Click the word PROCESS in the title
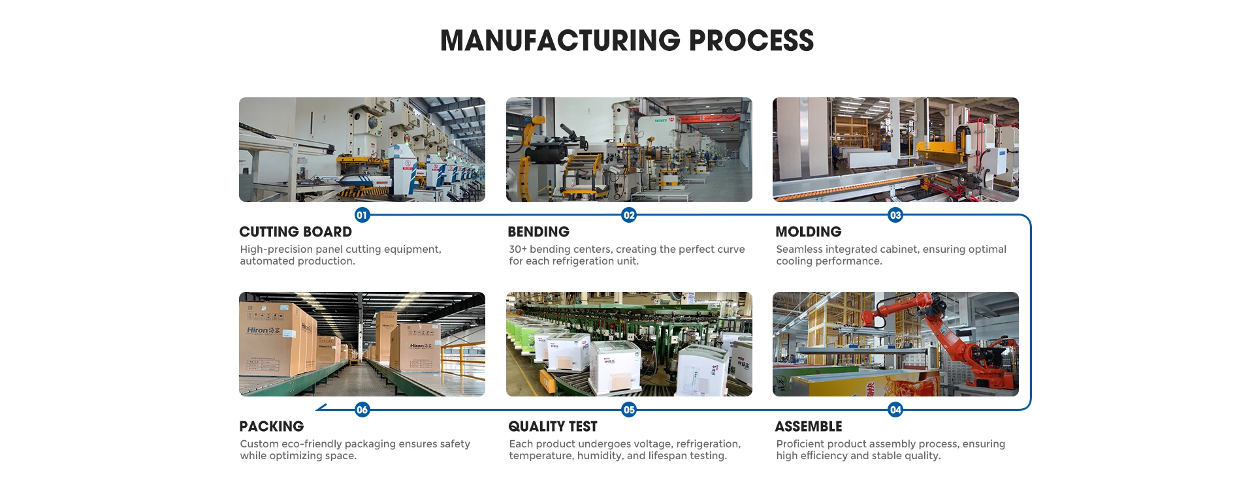click(751, 40)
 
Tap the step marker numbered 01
click(362, 215)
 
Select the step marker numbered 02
click(629, 215)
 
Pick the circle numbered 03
click(895, 215)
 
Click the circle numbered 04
click(895, 410)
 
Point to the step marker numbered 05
click(629, 410)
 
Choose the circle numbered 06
click(362, 410)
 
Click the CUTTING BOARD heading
click(295, 232)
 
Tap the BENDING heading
click(538, 232)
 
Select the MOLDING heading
click(808, 232)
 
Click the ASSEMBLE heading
click(808, 427)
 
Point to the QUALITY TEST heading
click(553, 427)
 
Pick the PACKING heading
click(271, 427)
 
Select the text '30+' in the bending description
click(517, 249)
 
